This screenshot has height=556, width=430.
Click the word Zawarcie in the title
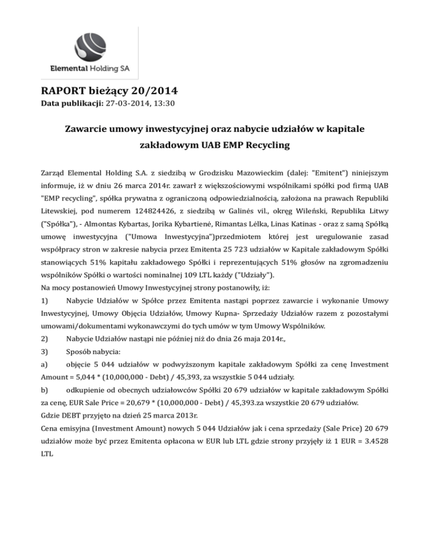(92, 129)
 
